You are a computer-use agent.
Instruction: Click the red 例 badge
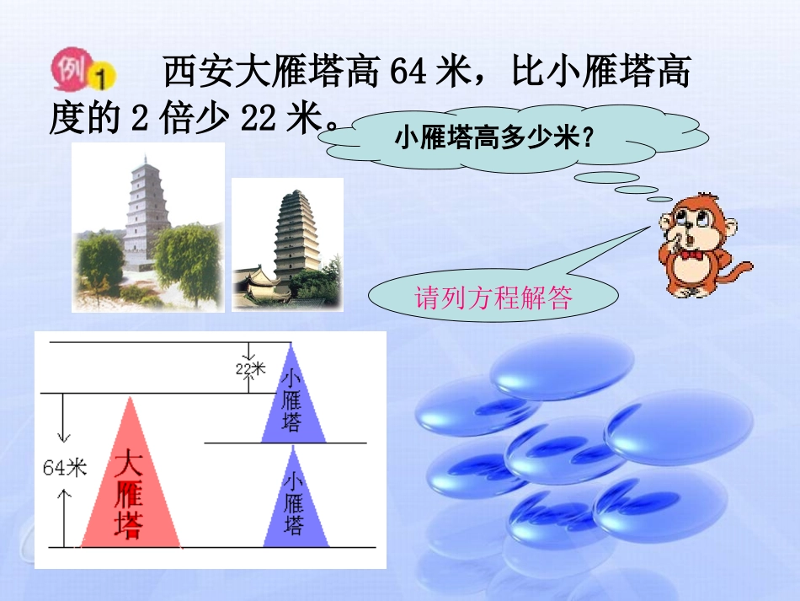click(x=70, y=69)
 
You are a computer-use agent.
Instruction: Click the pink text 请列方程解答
click(x=493, y=298)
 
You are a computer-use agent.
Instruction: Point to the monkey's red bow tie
click(x=692, y=255)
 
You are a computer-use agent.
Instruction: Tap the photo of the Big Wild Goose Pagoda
click(x=148, y=227)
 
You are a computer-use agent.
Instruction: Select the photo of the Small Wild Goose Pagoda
click(x=287, y=245)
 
